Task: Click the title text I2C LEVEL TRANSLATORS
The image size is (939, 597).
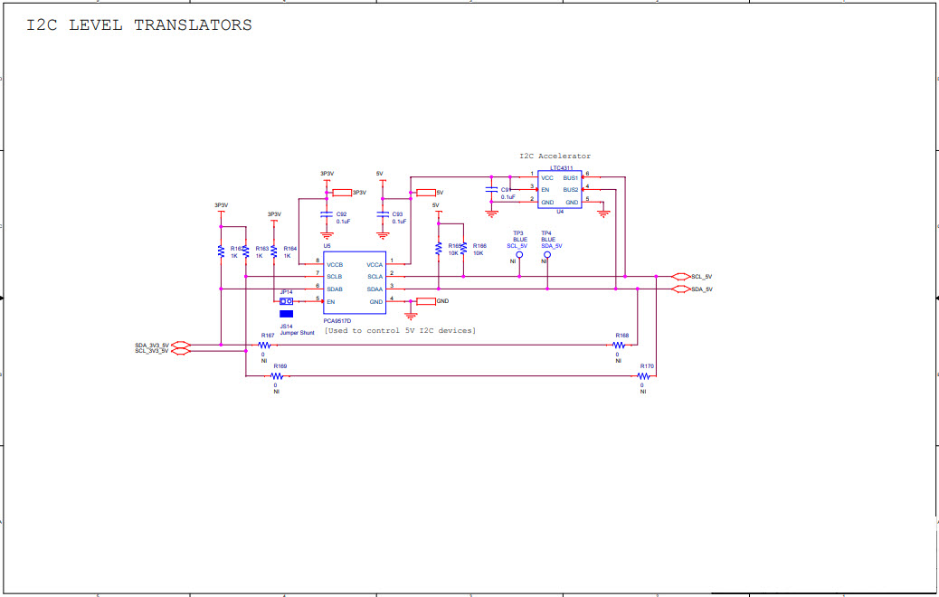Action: [x=139, y=25]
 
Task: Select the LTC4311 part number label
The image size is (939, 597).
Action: [x=560, y=168]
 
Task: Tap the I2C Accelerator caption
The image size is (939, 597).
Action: [x=555, y=156]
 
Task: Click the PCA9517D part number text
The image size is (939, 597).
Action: [x=337, y=320]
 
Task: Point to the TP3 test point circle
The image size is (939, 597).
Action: [x=519, y=255]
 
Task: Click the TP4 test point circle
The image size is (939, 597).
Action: [x=547, y=255]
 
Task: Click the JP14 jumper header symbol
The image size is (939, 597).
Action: [x=286, y=301]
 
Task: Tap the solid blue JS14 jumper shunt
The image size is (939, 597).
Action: [x=286, y=314]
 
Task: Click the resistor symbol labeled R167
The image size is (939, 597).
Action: [x=264, y=345]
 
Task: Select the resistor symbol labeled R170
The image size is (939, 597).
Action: [x=643, y=376]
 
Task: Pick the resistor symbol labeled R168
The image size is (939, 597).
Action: [x=619, y=345]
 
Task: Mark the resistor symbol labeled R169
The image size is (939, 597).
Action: [x=278, y=376]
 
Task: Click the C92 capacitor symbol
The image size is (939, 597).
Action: [x=327, y=215]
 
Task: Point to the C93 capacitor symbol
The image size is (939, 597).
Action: [x=383, y=215]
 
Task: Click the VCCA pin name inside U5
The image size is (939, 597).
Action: [x=375, y=264]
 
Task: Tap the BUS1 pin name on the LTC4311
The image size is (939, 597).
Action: [x=570, y=178]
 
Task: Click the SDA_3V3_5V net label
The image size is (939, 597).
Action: [x=152, y=345]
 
